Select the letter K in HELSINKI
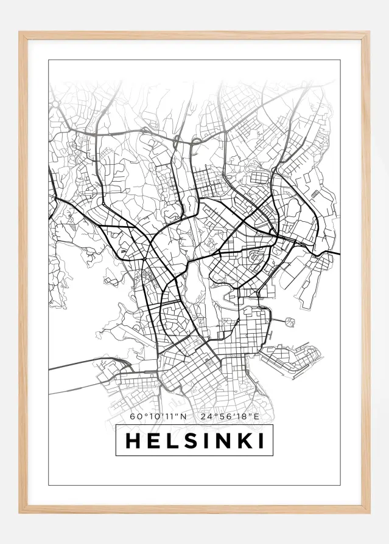tap(244, 441)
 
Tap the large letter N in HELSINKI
tap(222, 441)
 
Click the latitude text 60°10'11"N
tap(158, 417)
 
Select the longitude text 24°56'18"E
tap(230, 417)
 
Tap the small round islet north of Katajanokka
tap(289, 321)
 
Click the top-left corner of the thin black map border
tap(49, 60)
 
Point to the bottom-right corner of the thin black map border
tap(339, 485)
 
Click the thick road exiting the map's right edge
tap(332, 252)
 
